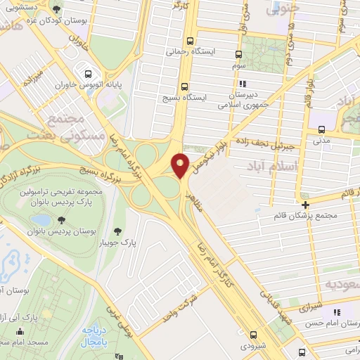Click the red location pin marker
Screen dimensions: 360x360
coord(181,165)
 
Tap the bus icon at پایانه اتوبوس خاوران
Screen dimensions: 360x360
coord(88,72)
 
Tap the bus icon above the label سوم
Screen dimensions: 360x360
coord(239,53)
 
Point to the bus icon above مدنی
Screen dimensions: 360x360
coord(321,129)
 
